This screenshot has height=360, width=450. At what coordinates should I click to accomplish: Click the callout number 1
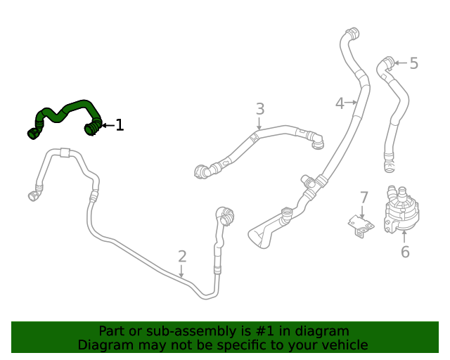coord(120,125)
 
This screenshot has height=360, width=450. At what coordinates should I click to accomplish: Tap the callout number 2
coord(182,257)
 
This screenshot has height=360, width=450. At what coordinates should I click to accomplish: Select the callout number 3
coord(260,109)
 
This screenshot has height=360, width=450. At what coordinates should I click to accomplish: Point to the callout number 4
coord(340,103)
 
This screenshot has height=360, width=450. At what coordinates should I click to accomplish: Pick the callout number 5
coord(413,63)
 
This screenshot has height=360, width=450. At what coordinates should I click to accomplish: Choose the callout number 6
coord(405,252)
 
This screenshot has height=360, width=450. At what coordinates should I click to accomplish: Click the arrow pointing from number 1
coord(107,125)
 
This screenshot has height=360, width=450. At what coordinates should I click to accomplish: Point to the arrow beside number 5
coord(400,63)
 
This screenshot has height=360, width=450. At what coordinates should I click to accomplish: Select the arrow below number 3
coord(259,124)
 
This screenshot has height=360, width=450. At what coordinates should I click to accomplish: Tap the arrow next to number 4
coord(352,103)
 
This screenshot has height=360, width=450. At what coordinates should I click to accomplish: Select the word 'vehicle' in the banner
coord(342,345)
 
